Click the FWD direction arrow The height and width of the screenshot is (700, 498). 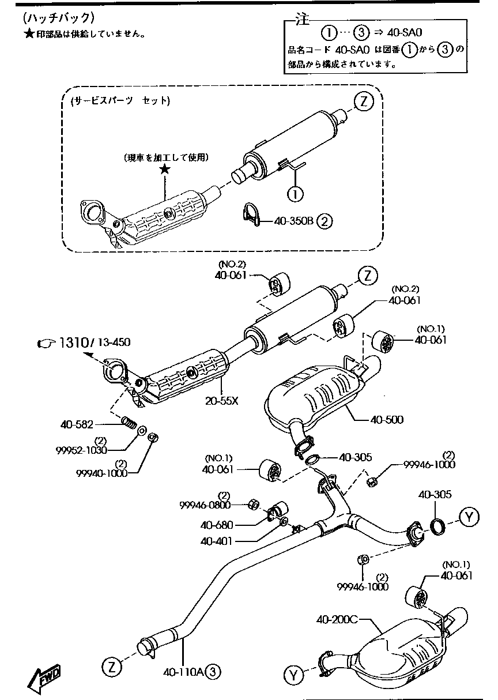pyautogui.click(x=44, y=681)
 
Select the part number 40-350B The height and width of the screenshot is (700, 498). pyautogui.click(x=293, y=220)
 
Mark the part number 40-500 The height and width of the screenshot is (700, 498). pyautogui.click(x=387, y=419)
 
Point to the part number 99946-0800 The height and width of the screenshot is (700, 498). pyautogui.click(x=205, y=505)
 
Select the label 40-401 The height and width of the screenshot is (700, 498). pyautogui.click(x=217, y=541)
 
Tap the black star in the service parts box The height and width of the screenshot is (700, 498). pyautogui.click(x=165, y=168)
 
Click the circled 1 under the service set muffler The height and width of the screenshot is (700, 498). pyautogui.click(x=295, y=194)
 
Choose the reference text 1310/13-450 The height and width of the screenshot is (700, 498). pyautogui.click(x=91, y=343)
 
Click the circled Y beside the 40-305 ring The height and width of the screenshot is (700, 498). pyautogui.click(x=470, y=517)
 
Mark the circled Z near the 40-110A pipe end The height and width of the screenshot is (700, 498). pyautogui.click(x=112, y=667)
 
